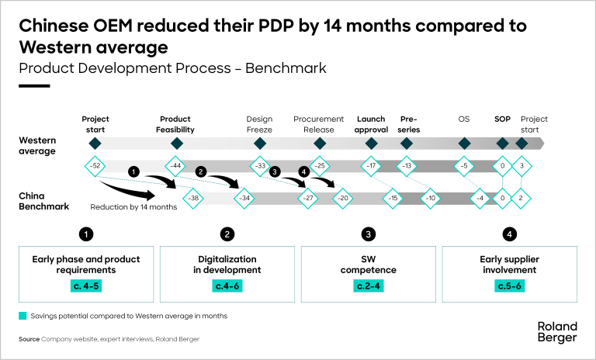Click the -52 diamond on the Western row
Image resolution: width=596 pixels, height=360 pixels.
point(95,166)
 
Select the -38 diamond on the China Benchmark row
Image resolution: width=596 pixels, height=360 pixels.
point(195,198)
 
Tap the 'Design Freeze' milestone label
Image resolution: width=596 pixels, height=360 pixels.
point(259,124)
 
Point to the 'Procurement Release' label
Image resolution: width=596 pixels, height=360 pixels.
point(319,124)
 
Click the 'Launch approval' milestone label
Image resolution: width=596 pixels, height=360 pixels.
point(371,124)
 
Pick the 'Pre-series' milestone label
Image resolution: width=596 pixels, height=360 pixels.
point(409,124)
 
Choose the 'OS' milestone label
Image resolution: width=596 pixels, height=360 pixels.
point(464,119)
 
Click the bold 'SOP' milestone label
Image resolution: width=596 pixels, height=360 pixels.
point(502,119)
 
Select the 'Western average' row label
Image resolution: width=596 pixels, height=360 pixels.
point(39,145)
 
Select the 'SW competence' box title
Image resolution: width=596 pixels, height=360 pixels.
point(369,265)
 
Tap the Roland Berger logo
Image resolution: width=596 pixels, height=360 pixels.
point(556,331)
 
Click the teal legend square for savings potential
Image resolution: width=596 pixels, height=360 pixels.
point(23,316)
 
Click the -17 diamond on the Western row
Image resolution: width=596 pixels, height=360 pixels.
point(372,166)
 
